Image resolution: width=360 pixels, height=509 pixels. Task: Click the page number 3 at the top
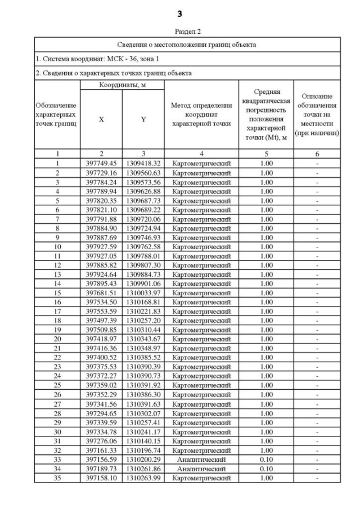(179, 13)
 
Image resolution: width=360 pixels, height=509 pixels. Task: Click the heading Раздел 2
(179, 32)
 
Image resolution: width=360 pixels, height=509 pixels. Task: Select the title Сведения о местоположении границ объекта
(180, 44)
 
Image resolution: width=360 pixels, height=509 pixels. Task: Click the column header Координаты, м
(122, 84)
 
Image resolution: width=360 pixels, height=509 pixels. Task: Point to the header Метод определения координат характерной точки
(201, 115)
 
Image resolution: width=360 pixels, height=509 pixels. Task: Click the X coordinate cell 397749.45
(101, 163)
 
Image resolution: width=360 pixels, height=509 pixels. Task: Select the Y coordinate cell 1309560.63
(143, 173)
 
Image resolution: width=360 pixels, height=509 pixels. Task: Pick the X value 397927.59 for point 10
(101, 245)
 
